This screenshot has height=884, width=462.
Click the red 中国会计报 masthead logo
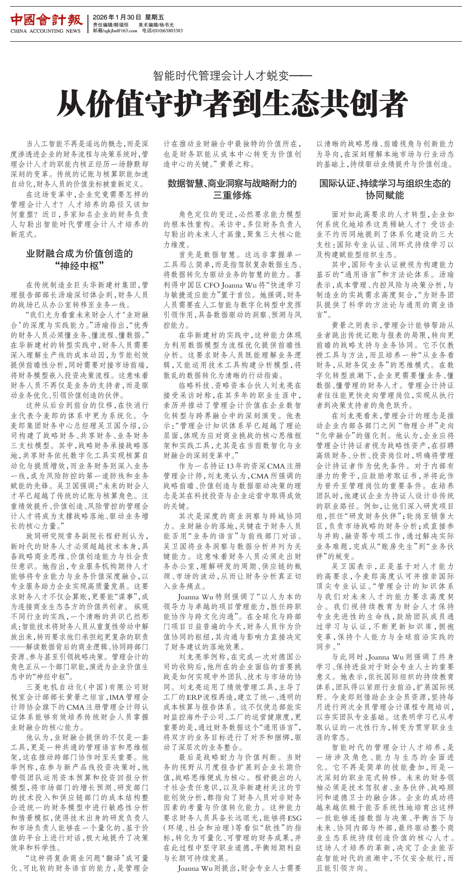click(46, 20)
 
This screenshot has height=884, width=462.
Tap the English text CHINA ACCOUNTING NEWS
click(45, 31)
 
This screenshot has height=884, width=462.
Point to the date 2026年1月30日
click(111, 17)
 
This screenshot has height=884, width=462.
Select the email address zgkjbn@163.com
click(120, 31)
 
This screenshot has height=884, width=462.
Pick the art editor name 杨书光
click(166, 25)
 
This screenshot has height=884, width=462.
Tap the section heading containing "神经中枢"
click(79, 260)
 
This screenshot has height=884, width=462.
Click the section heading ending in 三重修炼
click(232, 189)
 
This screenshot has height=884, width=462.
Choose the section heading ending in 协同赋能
click(385, 189)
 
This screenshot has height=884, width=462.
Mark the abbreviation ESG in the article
click(294, 818)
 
